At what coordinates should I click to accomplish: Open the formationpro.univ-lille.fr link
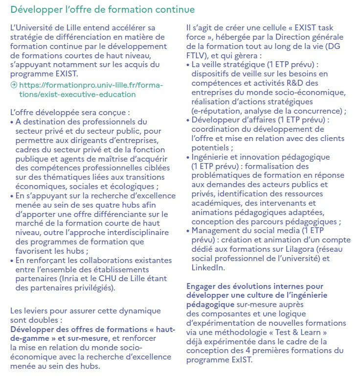[x=88, y=90]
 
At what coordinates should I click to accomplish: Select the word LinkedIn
[x=208, y=267]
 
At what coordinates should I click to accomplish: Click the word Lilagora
[x=307, y=249]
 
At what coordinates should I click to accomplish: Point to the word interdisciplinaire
[x=117, y=232]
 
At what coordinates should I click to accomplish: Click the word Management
[x=216, y=231]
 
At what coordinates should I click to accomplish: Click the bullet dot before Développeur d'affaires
[x=189, y=120]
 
